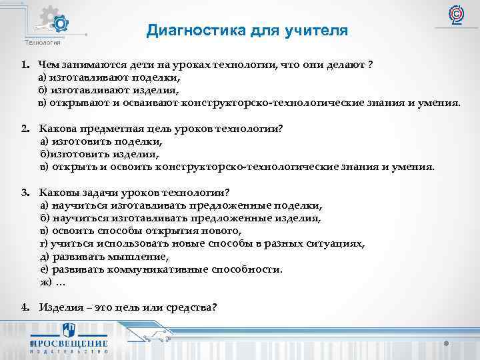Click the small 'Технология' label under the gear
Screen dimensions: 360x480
pyautogui.click(x=43, y=43)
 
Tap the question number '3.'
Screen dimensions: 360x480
pyautogui.click(x=24, y=193)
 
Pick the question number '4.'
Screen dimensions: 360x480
pyautogui.click(x=24, y=307)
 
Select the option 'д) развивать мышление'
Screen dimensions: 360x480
pyautogui.click(x=105, y=257)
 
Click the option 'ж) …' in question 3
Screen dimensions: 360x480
pyautogui.click(x=53, y=283)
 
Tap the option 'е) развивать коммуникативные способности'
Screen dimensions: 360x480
pyautogui.click(x=161, y=270)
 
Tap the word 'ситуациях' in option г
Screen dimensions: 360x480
pyautogui.click(x=341, y=244)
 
